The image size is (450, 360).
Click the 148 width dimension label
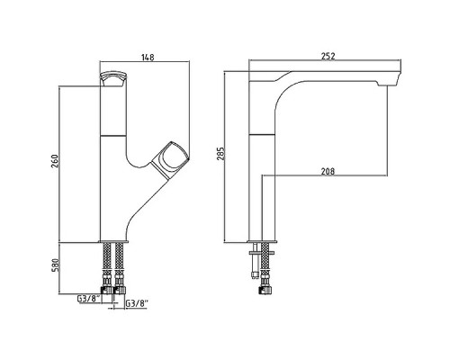[x=148, y=58]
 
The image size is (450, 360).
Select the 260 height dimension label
[x=55, y=161]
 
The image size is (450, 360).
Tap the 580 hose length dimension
[x=56, y=265]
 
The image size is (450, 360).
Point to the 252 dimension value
[x=328, y=56]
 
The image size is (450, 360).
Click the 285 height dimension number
[x=220, y=154]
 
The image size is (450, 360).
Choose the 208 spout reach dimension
[x=328, y=172]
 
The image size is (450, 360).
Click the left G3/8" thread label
[x=89, y=299]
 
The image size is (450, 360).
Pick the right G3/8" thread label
[x=137, y=303]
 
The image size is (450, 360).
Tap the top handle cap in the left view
[x=113, y=79]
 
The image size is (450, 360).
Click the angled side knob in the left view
[x=170, y=159]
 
